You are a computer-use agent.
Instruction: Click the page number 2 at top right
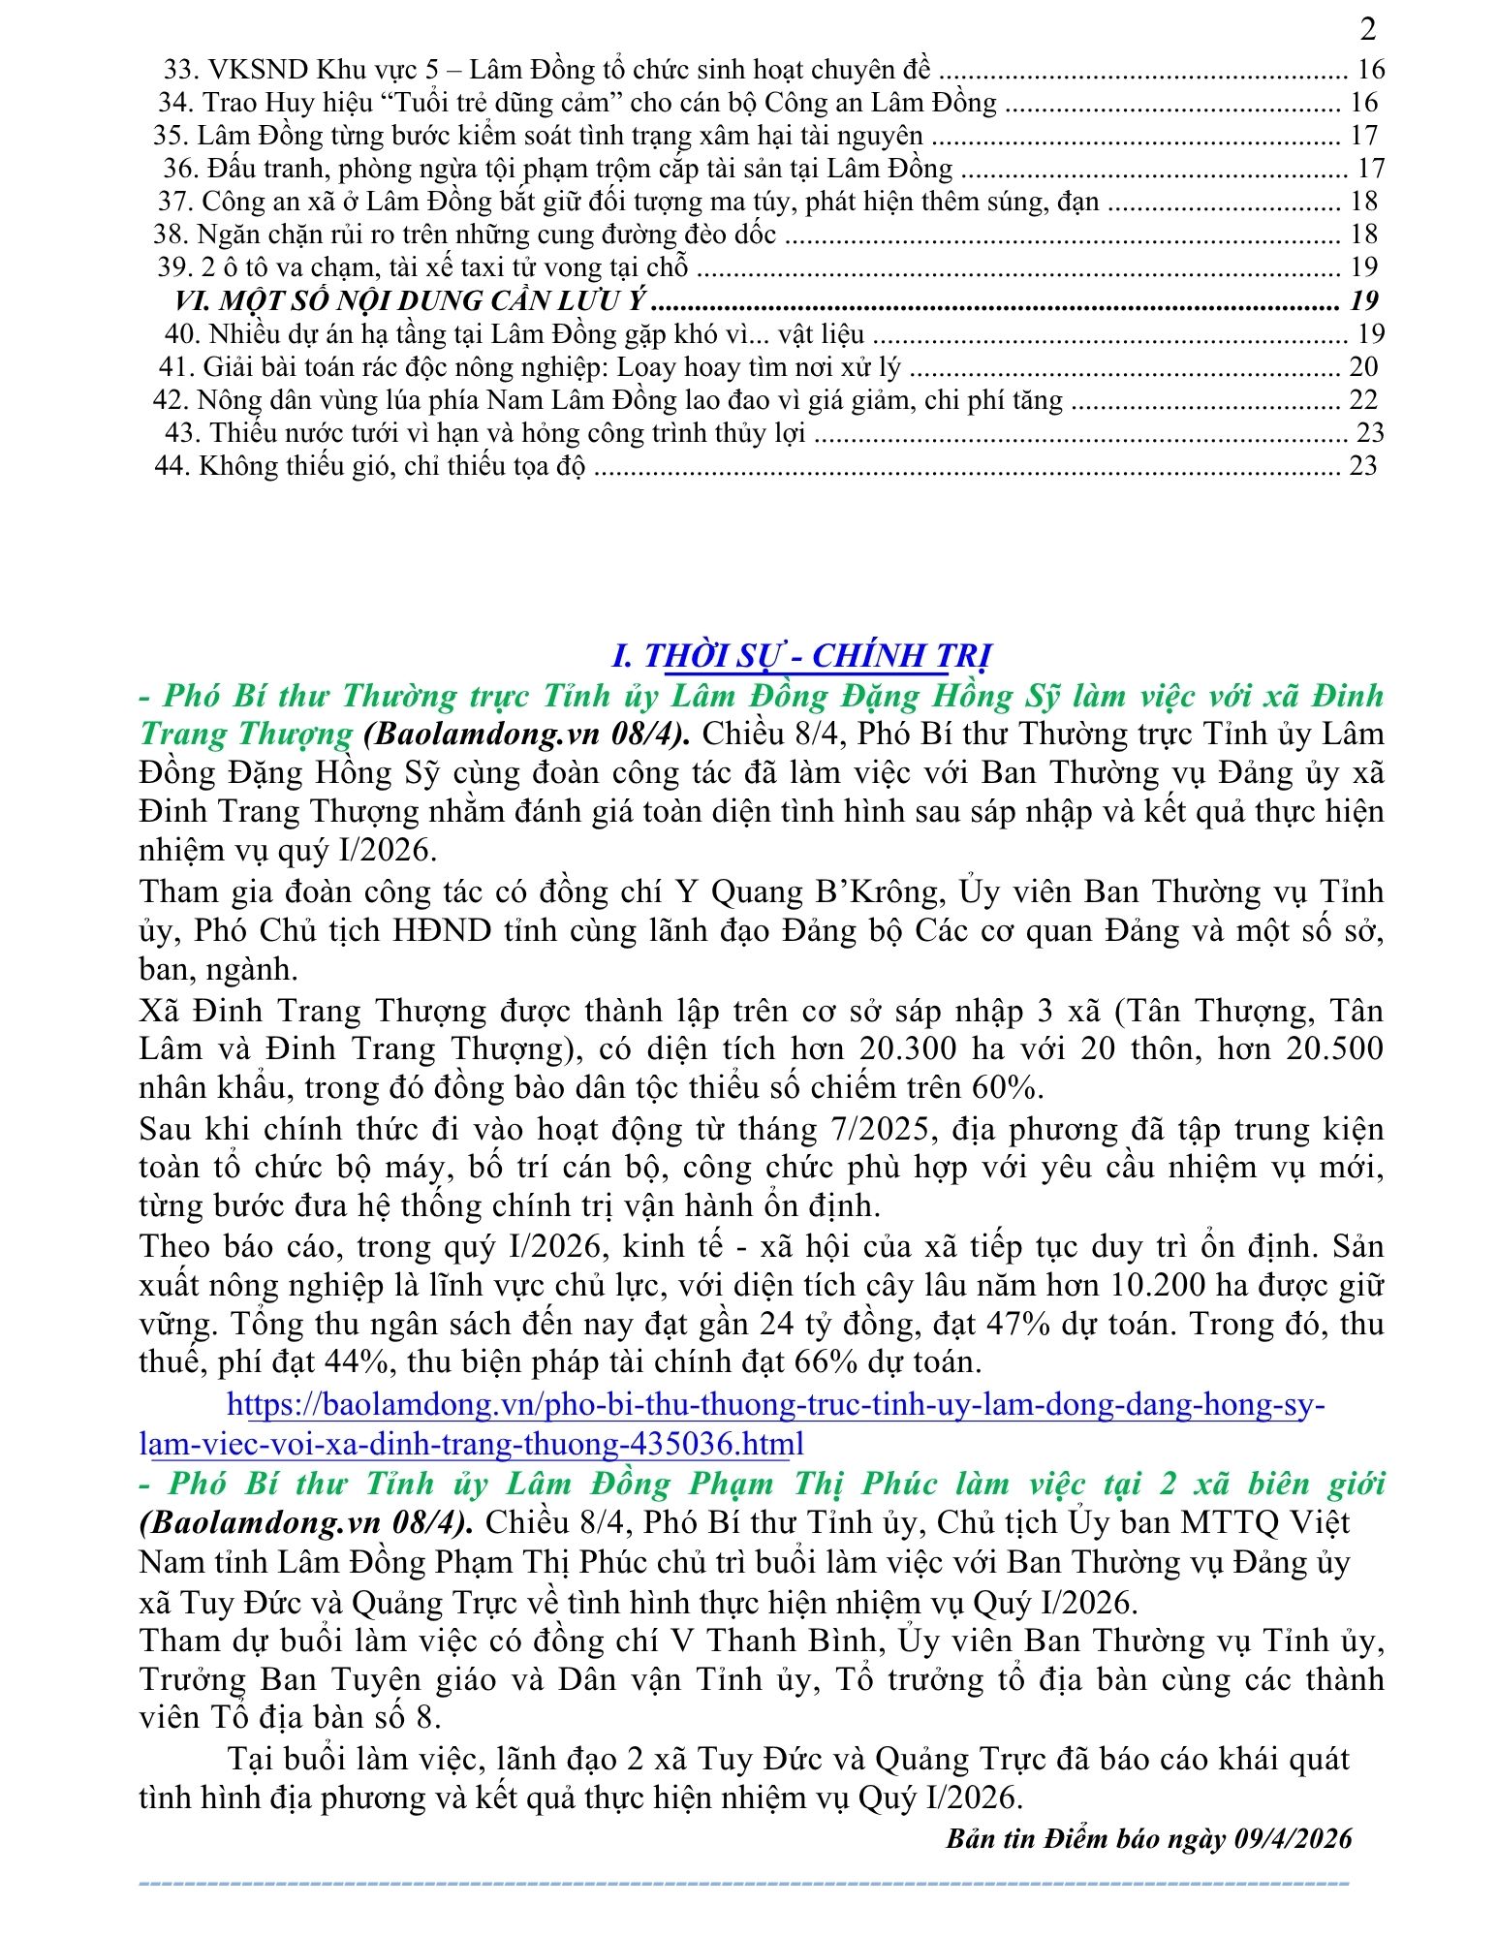click(1367, 30)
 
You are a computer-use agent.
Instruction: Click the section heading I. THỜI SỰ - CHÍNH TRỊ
click(801, 656)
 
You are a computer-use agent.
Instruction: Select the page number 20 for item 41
click(1362, 366)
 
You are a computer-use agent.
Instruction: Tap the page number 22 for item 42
click(1362, 399)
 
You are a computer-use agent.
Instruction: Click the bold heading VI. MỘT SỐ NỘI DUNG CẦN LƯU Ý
click(411, 300)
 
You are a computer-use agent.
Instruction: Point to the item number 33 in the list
click(181, 70)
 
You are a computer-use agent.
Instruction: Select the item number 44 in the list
click(172, 466)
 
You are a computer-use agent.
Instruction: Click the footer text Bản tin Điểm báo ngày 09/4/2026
click(1148, 1839)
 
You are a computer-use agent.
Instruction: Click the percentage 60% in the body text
click(1008, 1088)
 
